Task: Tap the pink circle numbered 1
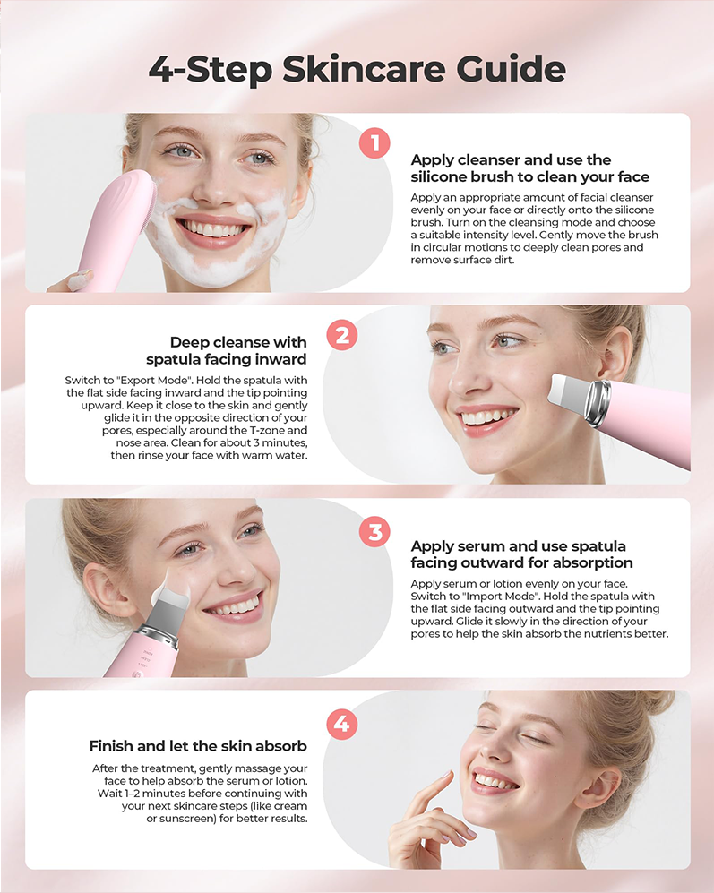click(374, 143)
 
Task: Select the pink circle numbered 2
click(342, 336)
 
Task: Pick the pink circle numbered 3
click(374, 532)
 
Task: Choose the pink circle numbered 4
click(342, 724)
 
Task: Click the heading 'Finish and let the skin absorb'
click(198, 746)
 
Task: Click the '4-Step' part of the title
click(211, 70)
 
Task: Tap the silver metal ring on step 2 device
click(599, 403)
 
